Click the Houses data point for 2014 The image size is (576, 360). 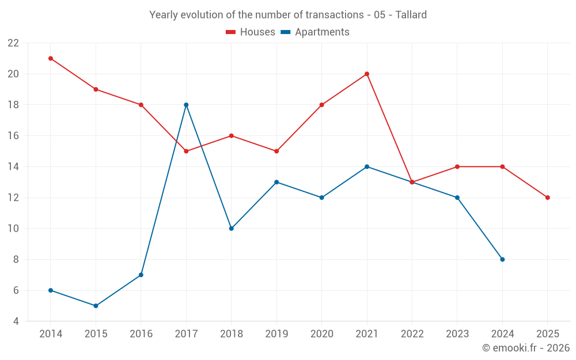pyautogui.click(x=51, y=58)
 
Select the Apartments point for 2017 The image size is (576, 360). pyautogui.click(x=186, y=105)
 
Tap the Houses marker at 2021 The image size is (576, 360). pyautogui.click(x=367, y=74)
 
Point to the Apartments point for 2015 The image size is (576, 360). pyautogui.click(x=96, y=306)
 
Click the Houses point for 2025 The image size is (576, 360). pyautogui.click(x=548, y=198)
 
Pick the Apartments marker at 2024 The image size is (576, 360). pyautogui.click(x=502, y=259)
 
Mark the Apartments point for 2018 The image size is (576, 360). pyautogui.click(x=231, y=229)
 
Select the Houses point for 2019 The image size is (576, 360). pyautogui.click(x=276, y=151)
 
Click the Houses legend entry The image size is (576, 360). pyautogui.click(x=251, y=32)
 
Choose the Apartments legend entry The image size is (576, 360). pyautogui.click(x=315, y=32)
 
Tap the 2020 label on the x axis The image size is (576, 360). pyautogui.click(x=321, y=334)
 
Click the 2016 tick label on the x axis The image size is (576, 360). pyautogui.click(x=141, y=334)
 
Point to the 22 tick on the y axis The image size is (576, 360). pyautogui.click(x=13, y=43)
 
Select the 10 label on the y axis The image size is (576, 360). pyautogui.click(x=13, y=229)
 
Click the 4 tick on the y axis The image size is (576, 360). pyautogui.click(x=16, y=321)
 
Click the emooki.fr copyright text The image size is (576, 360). pyautogui.click(x=526, y=348)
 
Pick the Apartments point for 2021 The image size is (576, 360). pyautogui.click(x=367, y=166)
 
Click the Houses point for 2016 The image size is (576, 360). pyautogui.click(x=141, y=105)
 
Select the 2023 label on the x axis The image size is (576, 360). pyautogui.click(x=457, y=334)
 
